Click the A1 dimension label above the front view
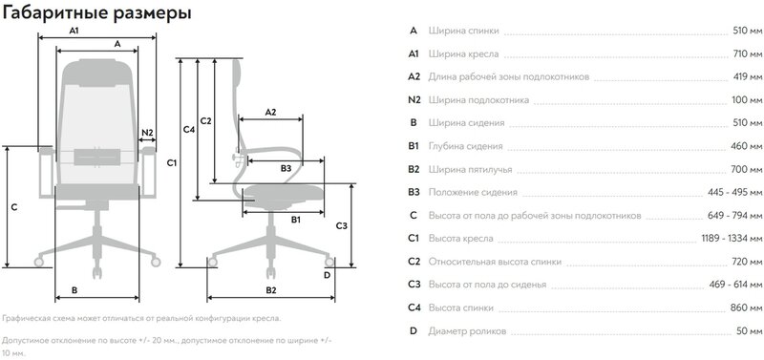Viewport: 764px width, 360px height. pyautogui.click(x=74, y=31)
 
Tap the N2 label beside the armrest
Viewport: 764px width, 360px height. pyautogui.click(x=147, y=132)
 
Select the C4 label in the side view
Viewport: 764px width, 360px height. pyautogui.click(x=188, y=129)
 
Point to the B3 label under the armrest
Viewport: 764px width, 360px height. pyautogui.click(x=286, y=169)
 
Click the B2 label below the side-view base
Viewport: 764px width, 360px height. pyautogui.click(x=271, y=290)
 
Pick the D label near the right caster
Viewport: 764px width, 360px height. pyautogui.click(x=327, y=275)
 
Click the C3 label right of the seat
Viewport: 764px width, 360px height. pyautogui.click(x=342, y=226)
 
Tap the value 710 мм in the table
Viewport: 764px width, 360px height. pyautogui.click(x=747, y=54)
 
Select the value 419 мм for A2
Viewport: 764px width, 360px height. pyautogui.click(x=748, y=77)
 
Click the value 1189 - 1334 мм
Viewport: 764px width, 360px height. pyautogui.click(x=732, y=239)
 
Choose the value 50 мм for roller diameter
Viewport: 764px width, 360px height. pyautogui.click(x=749, y=331)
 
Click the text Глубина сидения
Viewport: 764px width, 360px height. pyautogui.click(x=465, y=147)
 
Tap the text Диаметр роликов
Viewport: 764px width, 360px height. pyautogui.click(x=467, y=331)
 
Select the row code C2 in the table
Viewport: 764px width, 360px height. pyautogui.click(x=414, y=262)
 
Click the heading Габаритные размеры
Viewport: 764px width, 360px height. pyautogui.click(x=97, y=13)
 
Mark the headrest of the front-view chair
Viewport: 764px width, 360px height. pyautogui.click(x=98, y=73)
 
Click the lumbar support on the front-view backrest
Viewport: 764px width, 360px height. pyautogui.click(x=97, y=158)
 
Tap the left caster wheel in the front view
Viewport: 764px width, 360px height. pyautogui.click(x=38, y=262)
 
